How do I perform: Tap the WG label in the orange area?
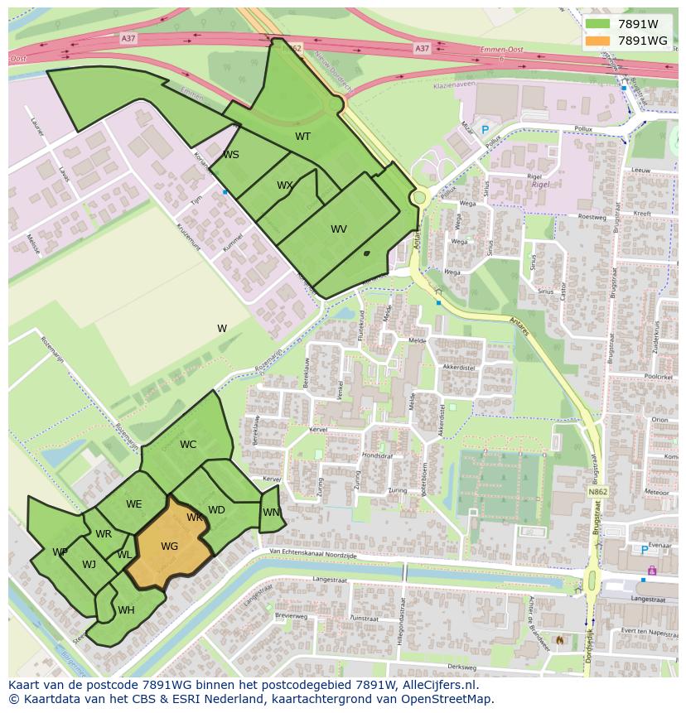point(170,547)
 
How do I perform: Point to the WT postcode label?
point(303,137)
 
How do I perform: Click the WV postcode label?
point(339,229)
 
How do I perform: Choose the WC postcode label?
point(188,445)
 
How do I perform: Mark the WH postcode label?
point(126,610)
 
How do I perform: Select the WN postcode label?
point(271,513)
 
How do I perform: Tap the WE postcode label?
point(134,504)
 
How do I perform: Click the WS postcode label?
point(231,155)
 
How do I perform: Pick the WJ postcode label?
point(89,565)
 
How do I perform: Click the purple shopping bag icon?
point(652,570)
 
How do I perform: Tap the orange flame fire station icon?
point(561,640)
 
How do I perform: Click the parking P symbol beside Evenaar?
point(645,550)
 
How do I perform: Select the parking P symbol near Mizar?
point(486,130)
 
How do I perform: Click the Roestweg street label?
point(592,216)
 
